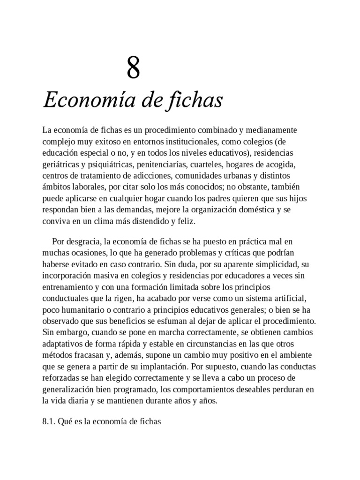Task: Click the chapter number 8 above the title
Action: pos(133,68)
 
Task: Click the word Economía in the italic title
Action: pos(79,100)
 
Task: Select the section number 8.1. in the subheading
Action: pos(49,422)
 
